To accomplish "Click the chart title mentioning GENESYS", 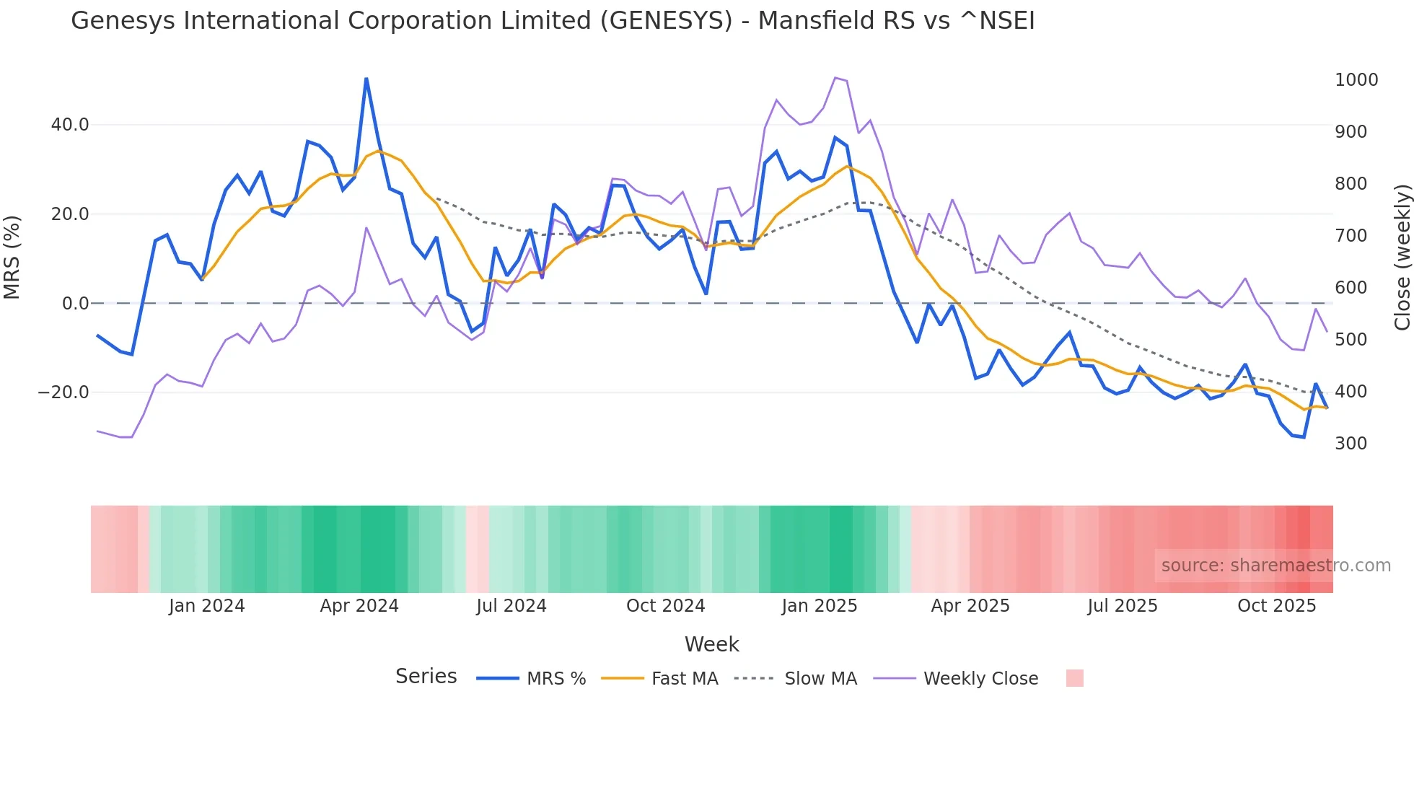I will click(x=553, y=21).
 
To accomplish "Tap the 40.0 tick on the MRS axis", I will click(x=70, y=125).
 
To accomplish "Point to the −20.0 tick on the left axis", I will click(x=63, y=392).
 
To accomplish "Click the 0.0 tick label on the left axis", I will click(x=75, y=304).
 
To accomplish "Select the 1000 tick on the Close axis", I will click(x=1356, y=80).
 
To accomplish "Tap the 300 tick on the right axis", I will click(x=1351, y=444).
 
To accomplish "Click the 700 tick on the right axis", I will click(x=1351, y=236).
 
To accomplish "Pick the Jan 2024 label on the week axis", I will click(x=207, y=606).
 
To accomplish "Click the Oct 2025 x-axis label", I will click(x=1276, y=606).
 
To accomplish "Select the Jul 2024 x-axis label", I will click(x=511, y=606).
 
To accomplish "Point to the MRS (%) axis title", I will click(x=12, y=258).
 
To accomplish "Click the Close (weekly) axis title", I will click(x=1402, y=258).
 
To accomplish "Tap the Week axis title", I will click(x=711, y=644).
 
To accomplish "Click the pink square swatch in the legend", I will click(x=1074, y=678).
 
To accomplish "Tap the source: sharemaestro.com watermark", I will click(x=1275, y=566).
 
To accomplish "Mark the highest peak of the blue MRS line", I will click(x=366, y=79).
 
